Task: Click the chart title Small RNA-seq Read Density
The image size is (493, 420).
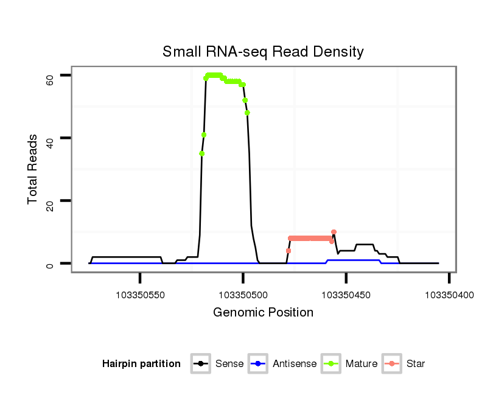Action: [x=263, y=52]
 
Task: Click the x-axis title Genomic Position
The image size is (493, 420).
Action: [x=263, y=313]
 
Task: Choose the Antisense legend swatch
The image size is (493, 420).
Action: [x=257, y=364]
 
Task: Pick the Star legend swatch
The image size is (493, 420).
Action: [x=392, y=364]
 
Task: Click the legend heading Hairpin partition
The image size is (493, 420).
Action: [x=141, y=364]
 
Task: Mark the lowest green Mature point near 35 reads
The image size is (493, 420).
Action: [x=201, y=153]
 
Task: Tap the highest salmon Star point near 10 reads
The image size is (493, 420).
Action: [x=334, y=232]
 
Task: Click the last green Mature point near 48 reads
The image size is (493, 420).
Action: [x=247, y=113]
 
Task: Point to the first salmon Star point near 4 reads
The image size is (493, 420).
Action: [x=288, y=251]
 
